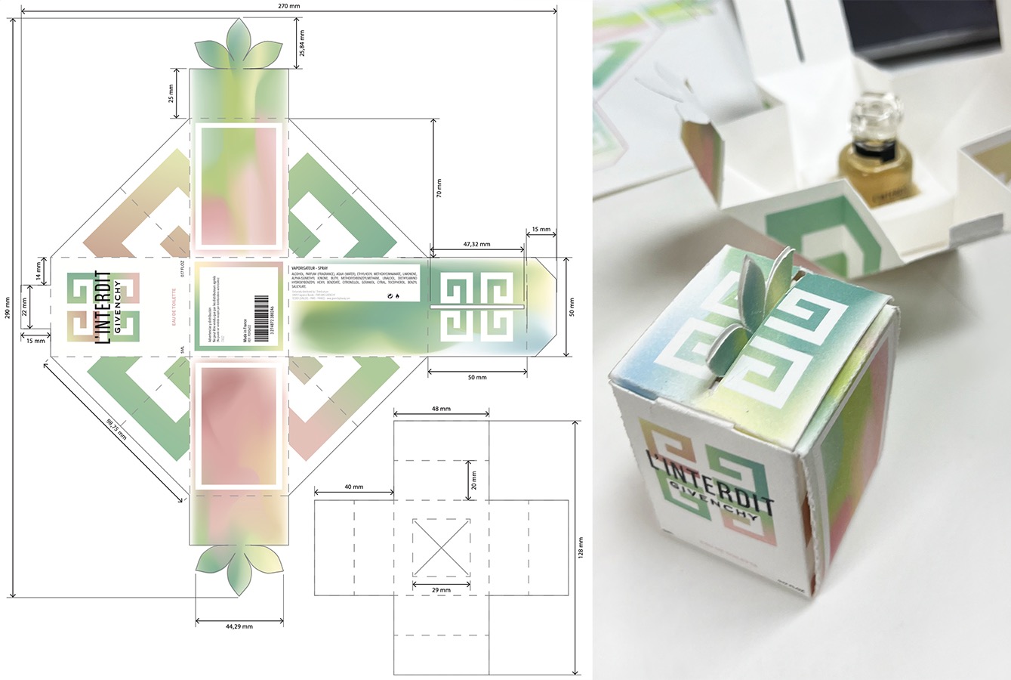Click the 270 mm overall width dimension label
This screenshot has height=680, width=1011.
288,6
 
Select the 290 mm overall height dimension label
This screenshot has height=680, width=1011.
8,310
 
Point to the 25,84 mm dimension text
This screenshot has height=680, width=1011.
303,45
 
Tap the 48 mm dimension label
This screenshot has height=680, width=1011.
441,408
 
